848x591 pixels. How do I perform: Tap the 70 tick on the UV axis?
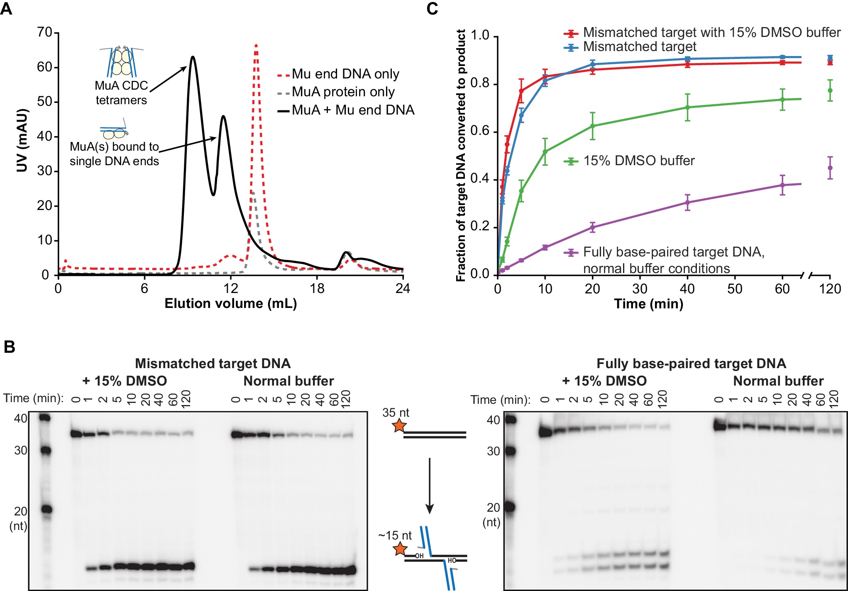44,32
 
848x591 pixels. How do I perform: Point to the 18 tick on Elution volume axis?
317,288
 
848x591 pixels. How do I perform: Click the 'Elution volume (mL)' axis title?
231,304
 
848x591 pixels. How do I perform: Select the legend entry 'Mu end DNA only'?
345,74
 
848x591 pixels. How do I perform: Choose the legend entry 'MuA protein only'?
343,92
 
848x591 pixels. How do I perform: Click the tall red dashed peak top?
256,45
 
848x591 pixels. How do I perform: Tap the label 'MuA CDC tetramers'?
121,93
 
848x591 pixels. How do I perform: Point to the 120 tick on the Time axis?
830,289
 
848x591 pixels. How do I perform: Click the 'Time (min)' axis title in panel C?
648,304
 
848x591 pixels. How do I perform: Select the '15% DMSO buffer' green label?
639,161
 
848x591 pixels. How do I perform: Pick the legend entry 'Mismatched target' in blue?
640,46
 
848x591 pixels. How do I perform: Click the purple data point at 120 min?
830,168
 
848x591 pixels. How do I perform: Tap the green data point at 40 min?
687,107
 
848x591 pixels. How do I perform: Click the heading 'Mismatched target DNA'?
213,364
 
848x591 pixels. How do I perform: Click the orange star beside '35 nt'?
399,425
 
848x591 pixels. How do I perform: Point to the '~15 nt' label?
395,535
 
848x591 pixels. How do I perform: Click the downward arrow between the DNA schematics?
430,486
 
